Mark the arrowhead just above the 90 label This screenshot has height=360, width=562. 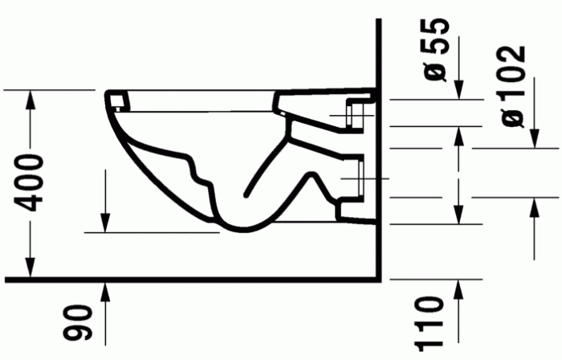[105, 288]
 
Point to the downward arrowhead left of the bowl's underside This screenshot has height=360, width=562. [105, 224]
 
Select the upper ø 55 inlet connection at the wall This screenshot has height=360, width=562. [355, 113]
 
